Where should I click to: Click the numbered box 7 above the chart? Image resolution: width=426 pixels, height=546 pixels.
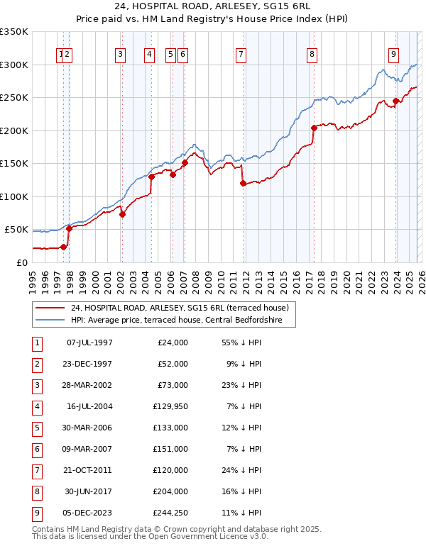tap(241, 54)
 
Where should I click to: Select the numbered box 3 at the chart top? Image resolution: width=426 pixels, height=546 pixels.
tap(121, 54)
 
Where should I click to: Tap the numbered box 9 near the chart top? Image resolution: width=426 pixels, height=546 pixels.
tap(393, 54)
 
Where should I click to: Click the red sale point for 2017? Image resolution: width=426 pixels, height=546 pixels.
tap(314, 128)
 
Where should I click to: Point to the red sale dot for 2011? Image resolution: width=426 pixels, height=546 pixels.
tap(243, 183)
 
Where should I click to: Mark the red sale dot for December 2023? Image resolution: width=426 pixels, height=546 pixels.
tap(395, 101)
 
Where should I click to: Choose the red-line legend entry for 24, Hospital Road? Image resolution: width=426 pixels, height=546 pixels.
tap(179, 308)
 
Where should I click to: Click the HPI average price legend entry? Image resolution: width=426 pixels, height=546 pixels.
tap(176, 321)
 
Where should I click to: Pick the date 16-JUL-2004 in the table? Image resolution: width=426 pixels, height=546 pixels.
tap(89, 406)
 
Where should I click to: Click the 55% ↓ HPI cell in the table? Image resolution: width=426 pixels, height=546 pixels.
tap(236, 342)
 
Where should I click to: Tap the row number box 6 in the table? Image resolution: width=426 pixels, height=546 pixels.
tap(35, 449)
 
